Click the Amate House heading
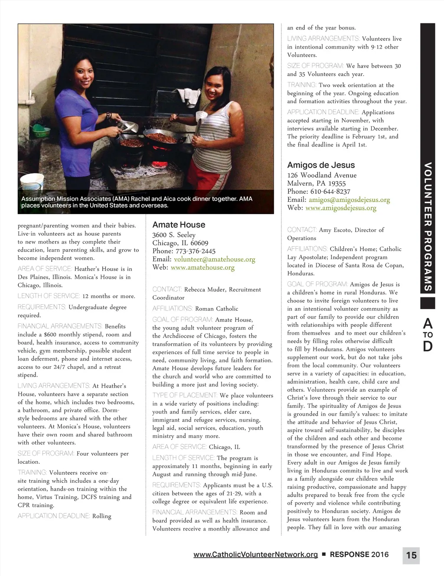tap(179, 225)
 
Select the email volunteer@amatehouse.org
tap(214, 259)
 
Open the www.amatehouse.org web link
tap(202, 267)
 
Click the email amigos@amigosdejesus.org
tap(349, 200)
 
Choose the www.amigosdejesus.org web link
tap(341, 208)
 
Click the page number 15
tap(411, 555)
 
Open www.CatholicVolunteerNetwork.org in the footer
tap(255, 554)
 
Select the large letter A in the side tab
tap(428, 323)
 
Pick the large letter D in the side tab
tap(428, 346)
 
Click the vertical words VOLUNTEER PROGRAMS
tap(428, 226)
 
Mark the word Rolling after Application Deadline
tap(102, 516)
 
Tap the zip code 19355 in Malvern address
tap(337, 183)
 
